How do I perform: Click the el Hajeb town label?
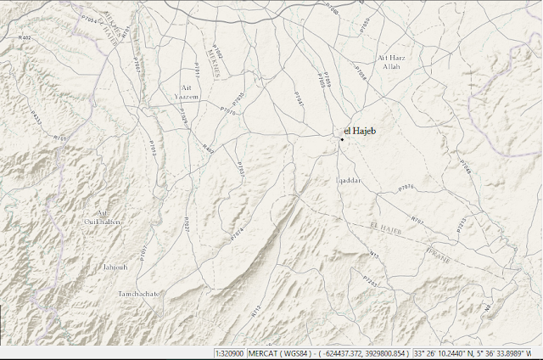coord(360,130)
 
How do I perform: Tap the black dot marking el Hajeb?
coord(341,138)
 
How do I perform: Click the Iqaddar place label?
coord(350,181)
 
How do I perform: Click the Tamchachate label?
coord(137,294)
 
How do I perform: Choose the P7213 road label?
coord(462,224)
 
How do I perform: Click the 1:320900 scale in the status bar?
coord(229,352)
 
